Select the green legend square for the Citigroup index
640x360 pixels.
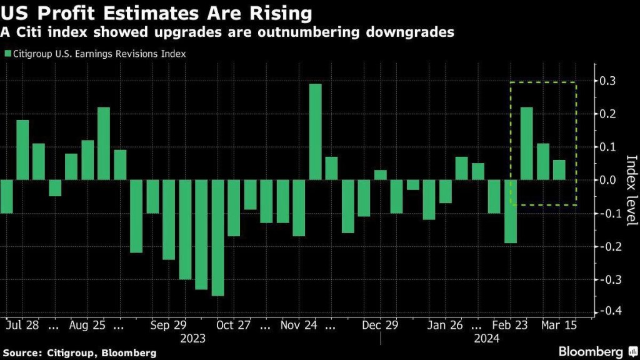click(7, 54)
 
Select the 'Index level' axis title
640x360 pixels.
click(631, 190)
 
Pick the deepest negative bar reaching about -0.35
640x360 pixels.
click(217, 237)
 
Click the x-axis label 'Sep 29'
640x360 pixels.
click(169, 325)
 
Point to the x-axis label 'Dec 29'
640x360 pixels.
click(380, 325)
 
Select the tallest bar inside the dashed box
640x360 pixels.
click(527, 144)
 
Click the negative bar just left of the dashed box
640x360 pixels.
click(511, 211)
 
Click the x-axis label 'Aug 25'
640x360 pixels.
click(87, 325)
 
